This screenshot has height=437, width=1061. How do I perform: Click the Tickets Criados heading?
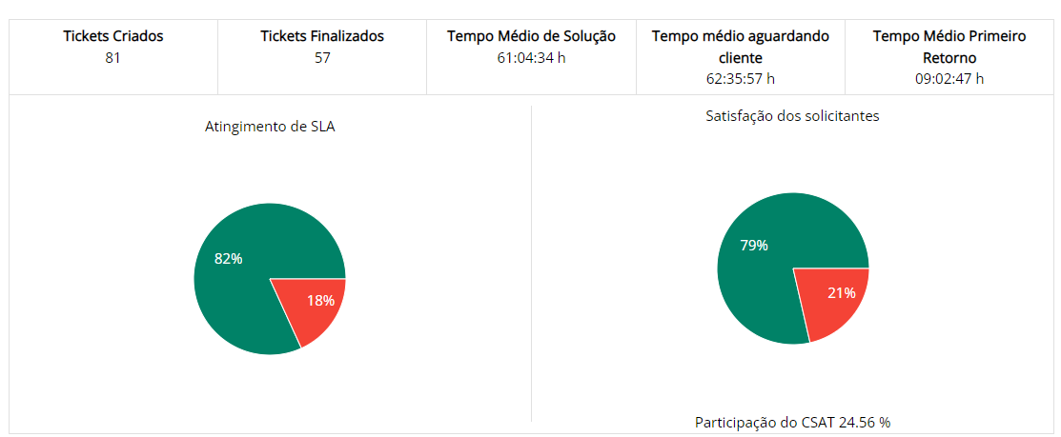(x=113, y=36)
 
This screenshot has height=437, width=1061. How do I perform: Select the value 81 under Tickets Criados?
(x=113, y=57)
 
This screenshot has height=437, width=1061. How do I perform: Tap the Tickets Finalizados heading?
(x=322, y=36)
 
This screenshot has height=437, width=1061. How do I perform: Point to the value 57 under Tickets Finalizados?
(x=322, y=57)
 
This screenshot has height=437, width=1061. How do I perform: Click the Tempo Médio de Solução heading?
(x=531, y=36)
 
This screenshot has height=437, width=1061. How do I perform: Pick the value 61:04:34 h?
(x=531, y=57)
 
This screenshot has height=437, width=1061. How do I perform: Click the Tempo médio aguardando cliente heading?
(x=741, y=46)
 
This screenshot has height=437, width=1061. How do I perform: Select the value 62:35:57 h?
(x=741, y=78)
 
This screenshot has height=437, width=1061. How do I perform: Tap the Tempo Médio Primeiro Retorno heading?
(x=949, y=46)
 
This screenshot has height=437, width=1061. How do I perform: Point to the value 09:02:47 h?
(x=949, y=78)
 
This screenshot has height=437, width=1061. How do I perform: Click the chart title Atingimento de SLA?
(x=270, y=126)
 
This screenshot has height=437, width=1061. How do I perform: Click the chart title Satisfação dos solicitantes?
(x=792, y=116)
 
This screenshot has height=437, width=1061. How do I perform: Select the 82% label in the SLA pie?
(x=228, y=258)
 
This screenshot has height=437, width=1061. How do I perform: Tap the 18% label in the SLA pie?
(x=320, y=301)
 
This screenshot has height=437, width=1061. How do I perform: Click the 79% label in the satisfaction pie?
(x=754, y=246)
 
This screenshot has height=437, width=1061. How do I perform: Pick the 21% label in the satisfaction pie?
(x=841, y=293)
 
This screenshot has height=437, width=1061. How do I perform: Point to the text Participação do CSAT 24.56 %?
(x=792, y=422)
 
